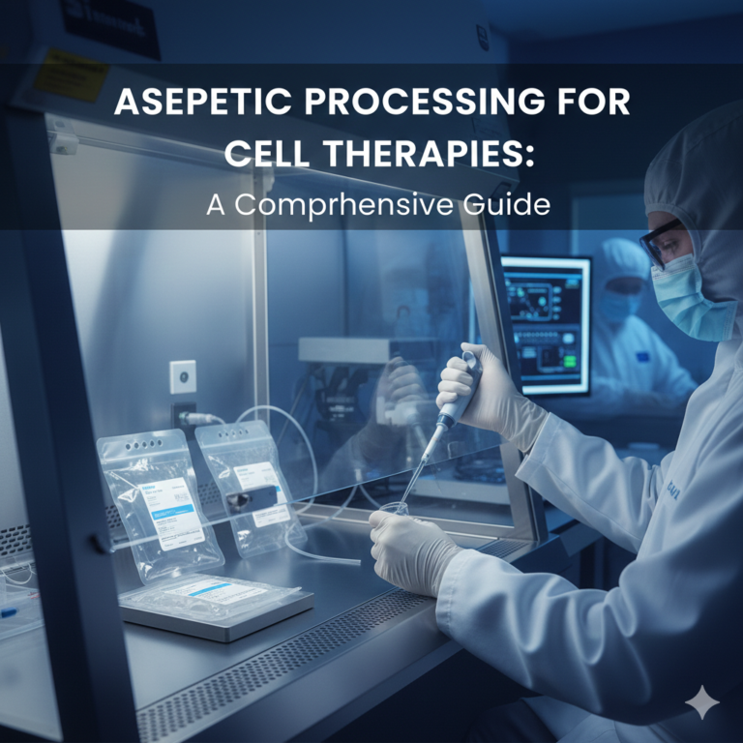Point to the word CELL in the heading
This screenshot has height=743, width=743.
tap(254, 154)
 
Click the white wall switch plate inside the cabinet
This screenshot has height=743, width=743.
tap(183, 376)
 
